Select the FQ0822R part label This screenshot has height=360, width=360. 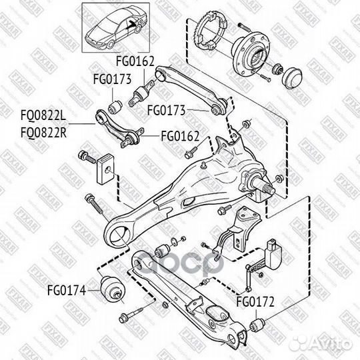point(40,133)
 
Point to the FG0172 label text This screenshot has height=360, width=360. point(253,301)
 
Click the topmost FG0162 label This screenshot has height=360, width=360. point(136,61)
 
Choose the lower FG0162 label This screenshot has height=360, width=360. point(180,136)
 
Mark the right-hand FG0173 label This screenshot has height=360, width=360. point(165,107)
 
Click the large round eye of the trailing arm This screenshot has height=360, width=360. point(120,233)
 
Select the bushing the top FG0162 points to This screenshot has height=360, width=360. point(145,89)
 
